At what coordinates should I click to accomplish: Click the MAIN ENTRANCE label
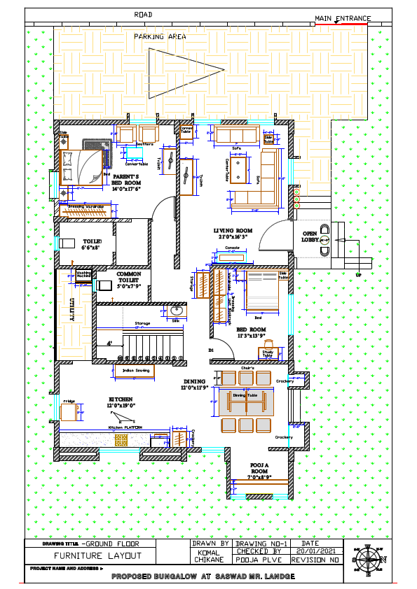click(x=343, y=17)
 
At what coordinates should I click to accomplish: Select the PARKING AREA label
click(x=155, y=36)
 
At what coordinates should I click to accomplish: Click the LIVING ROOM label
click(x=233, y=234)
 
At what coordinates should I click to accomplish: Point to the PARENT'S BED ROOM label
click(x=127, y=183)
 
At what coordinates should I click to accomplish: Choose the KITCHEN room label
click(x=120, y=402)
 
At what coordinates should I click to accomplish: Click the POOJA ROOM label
click(x=261, y=471)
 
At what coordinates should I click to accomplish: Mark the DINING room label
click(x=196, y=384)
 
